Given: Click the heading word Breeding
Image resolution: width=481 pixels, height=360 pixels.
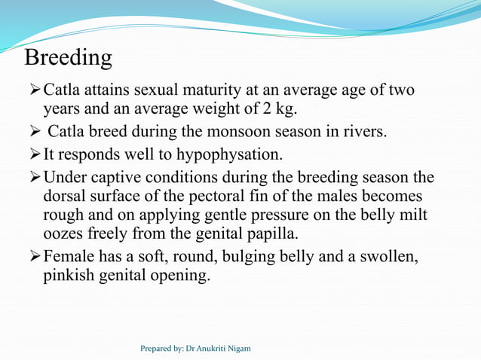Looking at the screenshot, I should pos(69,57).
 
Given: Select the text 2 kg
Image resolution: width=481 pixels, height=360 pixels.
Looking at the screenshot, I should pos(281,111).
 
